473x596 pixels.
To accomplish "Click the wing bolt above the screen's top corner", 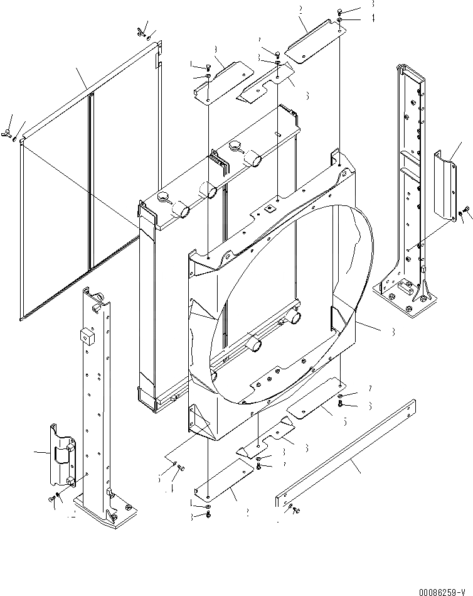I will point(140,31).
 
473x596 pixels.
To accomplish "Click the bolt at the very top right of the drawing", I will point(339,11).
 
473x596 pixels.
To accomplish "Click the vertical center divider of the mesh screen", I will point(92,182).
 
